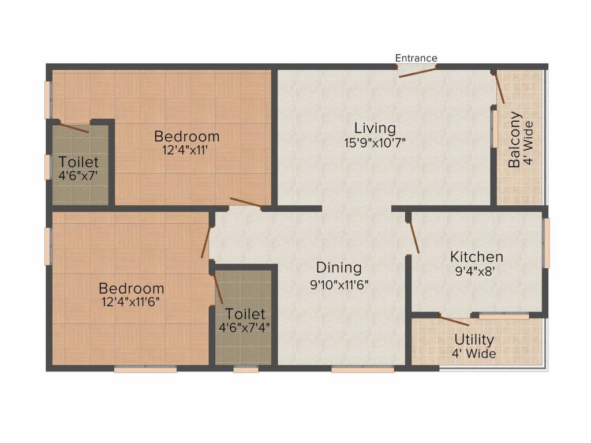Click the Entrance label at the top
pyautogui.click(x=416, y=58)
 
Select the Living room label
pyautogui.click(x=375, y=129)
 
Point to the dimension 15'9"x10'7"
pyautogui.click(x=375, y=143)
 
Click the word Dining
pyautogui.click(x=339, y=268)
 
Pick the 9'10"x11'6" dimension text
pyautogui.click(x=339, y=284)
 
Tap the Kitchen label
pyautogui.click(x=476, y=257)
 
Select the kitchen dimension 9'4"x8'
pyautogui.click(x=475, y=271)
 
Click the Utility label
pyautogui.click(x=474, y=340)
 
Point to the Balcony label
pyautogui.click(x=514, y=140)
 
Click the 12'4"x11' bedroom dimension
pyautogui.click(x=185, y=151)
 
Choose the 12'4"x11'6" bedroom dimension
pyautogui.click(x=131, y=302)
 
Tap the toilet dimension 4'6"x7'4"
pyautogui.click(x=244, y=327)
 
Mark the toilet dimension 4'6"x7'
pyautogui.click(x=78, y=175)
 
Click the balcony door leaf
pyautogui.click(x=499, y=88)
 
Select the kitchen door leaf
pyautogui.click(x=413, y=237)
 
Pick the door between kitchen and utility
pyautogui.click(x=454, y=321)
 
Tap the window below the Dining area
pyautogui.click(x=362, y=369)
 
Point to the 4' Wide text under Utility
pyautogui.click(x=474, y=354)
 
